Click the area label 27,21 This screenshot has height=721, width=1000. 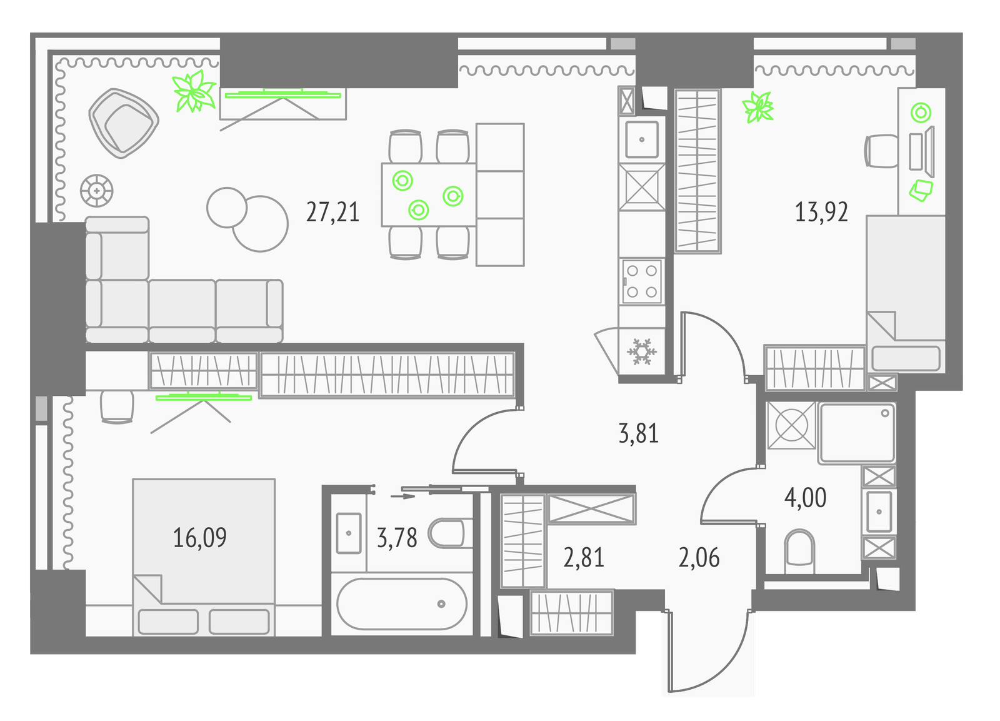[x=332, y=212]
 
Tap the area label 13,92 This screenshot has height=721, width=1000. [x=821, y=212]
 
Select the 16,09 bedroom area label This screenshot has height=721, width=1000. [x=199, y=537]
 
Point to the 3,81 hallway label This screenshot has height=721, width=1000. [x=638, y=433]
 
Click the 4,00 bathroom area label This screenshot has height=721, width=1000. [x=806, y=498]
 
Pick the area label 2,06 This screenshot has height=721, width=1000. [x=699, y=558]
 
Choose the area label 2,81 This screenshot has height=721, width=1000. [x=584, y=558]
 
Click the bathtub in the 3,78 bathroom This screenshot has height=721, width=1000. [x=402, y=604]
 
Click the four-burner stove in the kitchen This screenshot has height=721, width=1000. [x=642, y=281]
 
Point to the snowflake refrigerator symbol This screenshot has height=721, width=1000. [x=642, y=351]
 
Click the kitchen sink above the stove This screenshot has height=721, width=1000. [x=642, y=139]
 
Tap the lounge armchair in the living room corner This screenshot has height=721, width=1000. [x=124, y=123]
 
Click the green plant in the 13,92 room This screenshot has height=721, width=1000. [x=757, y=107]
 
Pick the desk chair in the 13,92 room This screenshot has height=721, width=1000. [x=882, y=151]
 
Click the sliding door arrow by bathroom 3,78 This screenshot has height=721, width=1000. [x=402, y=496]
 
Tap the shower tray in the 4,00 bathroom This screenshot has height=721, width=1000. [x=857, y=433]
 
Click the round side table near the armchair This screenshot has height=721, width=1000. [x=96, y=191]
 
